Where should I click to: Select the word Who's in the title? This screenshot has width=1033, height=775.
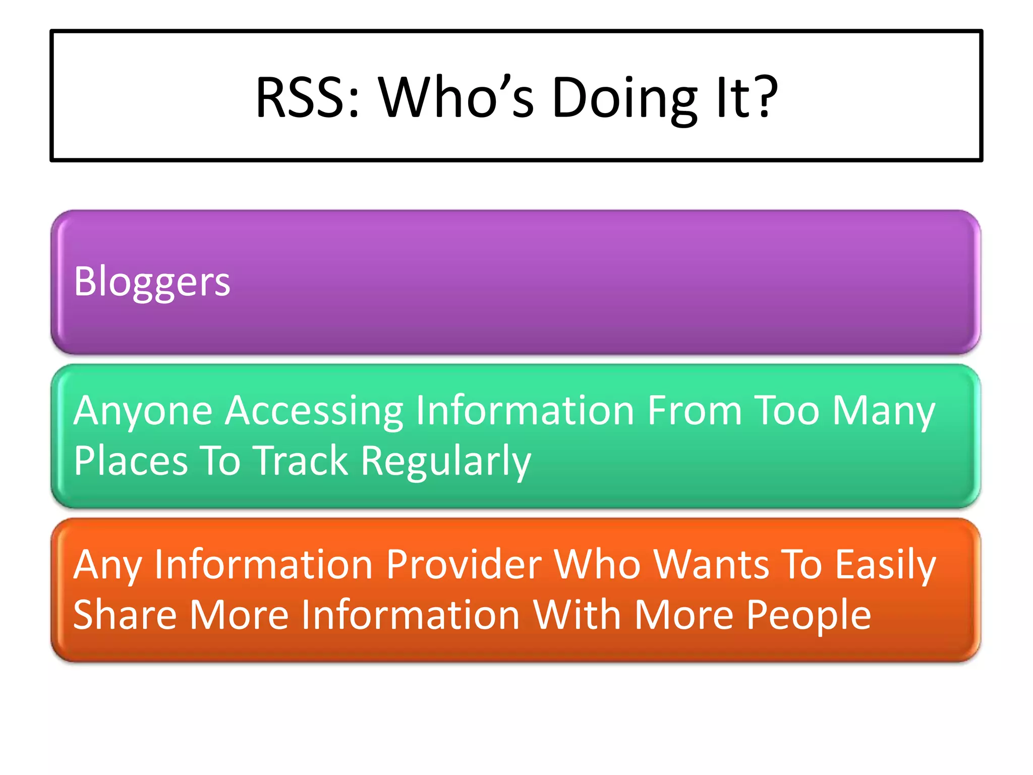[x=456, y=97]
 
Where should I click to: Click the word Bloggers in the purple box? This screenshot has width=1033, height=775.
[x=152, y=282]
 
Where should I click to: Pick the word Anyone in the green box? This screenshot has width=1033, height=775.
[x=143, y=411]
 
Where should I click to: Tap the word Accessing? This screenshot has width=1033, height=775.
[x=314, y=411]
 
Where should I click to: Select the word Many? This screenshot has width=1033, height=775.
[x=884, y=411]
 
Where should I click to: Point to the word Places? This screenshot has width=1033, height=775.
[x=131, y=461]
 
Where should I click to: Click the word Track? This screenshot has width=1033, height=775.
[x=301, y=461]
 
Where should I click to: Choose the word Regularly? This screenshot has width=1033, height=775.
[x=446, y=462]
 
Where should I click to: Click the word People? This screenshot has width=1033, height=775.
[x=809, y=616]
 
